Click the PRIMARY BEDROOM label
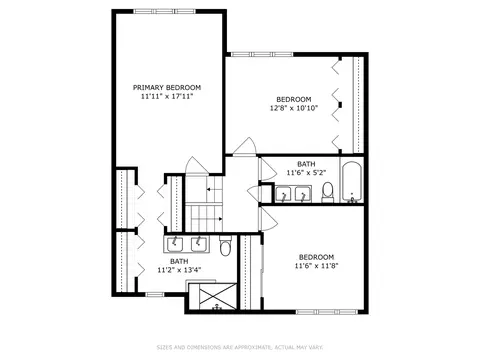(167, 88)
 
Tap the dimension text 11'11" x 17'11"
(167, 97)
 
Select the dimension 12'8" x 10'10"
(294, 108)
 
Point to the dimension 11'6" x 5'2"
(306, 173)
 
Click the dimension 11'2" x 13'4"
(179, 270)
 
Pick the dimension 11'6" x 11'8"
(316, 266)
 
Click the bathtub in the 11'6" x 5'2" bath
(352, 182)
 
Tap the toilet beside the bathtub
(328, 192)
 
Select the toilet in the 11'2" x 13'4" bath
(225, 245)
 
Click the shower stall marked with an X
(213, 296)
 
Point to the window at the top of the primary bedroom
(164, 11)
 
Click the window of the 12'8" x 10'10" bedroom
(262, 54)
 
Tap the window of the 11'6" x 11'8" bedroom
(327, 312)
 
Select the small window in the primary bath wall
(155, 294)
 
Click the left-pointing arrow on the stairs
(210, 189)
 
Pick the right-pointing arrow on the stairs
(219, 219)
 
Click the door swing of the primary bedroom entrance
(197, 165)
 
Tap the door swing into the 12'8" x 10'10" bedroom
(244, 146)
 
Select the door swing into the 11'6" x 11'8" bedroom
(268, 218)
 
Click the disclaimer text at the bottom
(240, 347)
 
